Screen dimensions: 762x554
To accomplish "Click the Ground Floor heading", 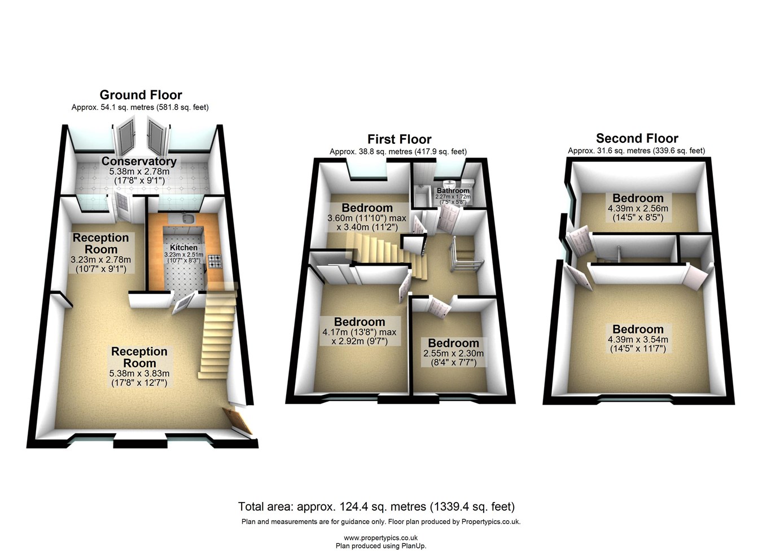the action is [x=141, y=95].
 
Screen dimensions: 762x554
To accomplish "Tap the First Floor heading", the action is [x=399, y=139].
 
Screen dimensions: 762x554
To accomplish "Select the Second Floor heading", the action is [x=637, y=138].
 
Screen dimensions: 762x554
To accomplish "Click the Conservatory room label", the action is [x=139, y=161].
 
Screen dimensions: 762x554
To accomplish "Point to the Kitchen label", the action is [x=184, y=247].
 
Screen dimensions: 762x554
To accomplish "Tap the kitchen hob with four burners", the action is [x=215, y=261].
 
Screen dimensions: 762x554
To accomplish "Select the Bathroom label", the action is [x=453, y=191].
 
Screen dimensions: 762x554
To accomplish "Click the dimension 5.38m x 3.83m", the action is [x=139, y=373].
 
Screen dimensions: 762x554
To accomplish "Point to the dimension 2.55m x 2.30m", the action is [x=453, y=353].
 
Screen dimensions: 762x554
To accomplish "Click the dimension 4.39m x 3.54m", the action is [x=638, y=340].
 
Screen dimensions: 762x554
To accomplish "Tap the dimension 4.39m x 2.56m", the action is [x=638, y=208].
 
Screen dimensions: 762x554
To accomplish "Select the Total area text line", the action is [x=376, y=507].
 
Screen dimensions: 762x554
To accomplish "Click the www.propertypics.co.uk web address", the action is [x=380, y=538].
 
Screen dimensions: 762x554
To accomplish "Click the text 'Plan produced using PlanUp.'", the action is [x=380, y=546].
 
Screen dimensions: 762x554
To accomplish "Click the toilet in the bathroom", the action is [x=449, y=184].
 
